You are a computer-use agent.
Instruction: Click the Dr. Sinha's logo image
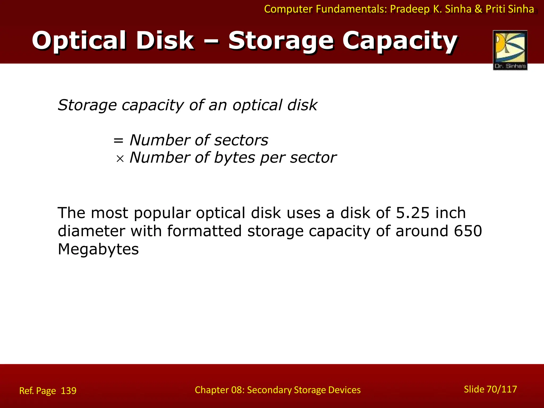510,50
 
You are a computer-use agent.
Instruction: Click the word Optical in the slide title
79,41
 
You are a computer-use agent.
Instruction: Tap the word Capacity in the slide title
400,41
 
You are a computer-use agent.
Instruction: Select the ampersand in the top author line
478,9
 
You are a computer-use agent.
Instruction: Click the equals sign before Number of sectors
118,141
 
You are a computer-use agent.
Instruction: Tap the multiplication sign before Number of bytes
120,159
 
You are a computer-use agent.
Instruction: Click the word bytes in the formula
234,158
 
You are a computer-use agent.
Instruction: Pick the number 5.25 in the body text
413,213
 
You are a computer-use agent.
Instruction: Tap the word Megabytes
98,249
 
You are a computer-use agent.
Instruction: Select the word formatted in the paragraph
204,231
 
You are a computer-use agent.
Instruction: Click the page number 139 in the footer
69,391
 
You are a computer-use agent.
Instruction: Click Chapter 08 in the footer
219,390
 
